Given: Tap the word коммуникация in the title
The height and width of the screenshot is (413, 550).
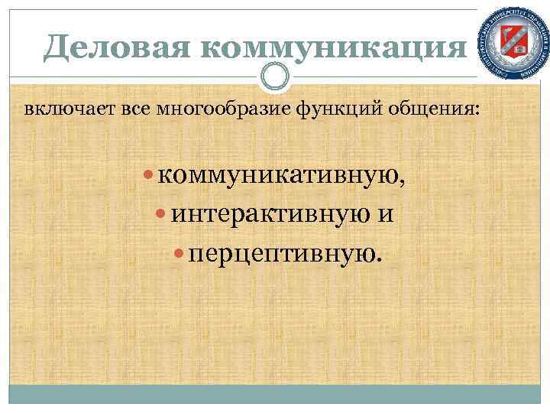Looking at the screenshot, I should tap(333, 49).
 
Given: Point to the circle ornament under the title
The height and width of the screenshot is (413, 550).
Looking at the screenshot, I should tap(275, 76).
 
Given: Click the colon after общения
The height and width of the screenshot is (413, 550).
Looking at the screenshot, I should tap(479, 111).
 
